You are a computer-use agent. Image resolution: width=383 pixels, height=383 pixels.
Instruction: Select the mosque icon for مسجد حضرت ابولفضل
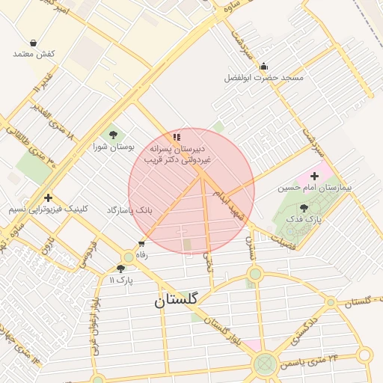[263, 67]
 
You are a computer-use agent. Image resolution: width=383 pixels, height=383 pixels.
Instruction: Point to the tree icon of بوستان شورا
[113, 135]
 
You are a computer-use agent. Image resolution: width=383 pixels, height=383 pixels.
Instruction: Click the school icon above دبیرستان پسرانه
[177, 137]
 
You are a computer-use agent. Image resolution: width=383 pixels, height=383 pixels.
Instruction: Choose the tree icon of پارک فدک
[303, 208]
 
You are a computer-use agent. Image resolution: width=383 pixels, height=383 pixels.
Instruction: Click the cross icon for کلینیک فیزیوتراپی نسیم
[48, 198]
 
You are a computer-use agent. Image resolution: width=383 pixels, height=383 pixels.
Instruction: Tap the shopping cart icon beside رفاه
[141, 244]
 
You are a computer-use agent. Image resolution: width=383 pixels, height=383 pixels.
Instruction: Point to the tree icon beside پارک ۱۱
[120, 269]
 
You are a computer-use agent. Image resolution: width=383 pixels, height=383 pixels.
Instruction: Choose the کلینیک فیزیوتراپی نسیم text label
[48, 209]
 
